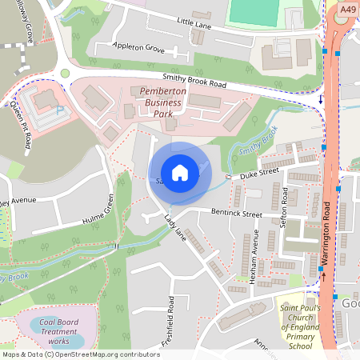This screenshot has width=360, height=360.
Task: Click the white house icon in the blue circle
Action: click(x=179, y=172)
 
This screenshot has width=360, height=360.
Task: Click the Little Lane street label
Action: click(x=194, y=25)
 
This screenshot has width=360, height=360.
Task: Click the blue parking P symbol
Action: click(x=60, y=110)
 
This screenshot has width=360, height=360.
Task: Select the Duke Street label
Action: click(x=258, y=170)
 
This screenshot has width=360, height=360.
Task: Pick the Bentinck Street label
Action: click(x=237, y=214)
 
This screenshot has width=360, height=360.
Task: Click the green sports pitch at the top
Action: click(x=253, y=11)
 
